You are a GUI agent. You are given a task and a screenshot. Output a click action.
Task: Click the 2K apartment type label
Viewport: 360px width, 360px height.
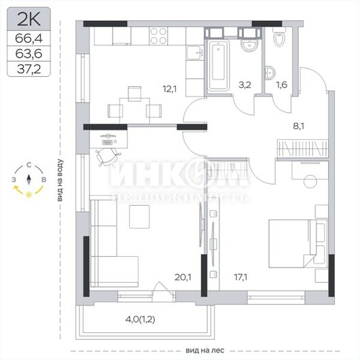29,20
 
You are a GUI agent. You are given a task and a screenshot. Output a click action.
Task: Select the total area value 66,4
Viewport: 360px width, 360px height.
29,38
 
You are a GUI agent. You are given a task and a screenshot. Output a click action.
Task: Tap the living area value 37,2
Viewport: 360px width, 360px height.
29,69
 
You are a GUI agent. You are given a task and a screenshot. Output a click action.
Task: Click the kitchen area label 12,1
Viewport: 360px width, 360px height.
170,88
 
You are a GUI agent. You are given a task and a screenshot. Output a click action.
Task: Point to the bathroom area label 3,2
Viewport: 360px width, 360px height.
245,85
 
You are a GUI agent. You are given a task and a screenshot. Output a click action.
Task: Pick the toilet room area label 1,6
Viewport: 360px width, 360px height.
281,85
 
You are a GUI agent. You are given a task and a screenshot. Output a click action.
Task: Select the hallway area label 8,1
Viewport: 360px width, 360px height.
298,126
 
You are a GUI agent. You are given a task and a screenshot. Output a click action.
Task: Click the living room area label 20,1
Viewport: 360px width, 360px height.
183,277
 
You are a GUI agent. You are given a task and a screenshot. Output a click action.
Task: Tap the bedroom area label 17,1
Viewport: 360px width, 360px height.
240,277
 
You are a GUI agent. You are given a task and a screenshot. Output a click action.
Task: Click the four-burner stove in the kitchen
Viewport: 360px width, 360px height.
158,36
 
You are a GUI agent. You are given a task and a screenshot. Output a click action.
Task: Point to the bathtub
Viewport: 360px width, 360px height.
218,65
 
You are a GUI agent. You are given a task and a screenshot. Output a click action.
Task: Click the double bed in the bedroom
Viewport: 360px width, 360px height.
298,244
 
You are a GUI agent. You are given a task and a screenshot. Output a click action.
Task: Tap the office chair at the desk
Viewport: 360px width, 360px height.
107,157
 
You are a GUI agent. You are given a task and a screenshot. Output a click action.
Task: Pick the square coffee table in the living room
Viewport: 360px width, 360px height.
139,217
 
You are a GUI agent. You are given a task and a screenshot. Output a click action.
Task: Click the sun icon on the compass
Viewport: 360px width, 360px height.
29,195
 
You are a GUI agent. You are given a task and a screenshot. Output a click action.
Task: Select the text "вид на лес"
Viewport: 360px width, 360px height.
205,350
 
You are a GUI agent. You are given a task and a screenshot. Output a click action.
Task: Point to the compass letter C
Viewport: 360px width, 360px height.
29,165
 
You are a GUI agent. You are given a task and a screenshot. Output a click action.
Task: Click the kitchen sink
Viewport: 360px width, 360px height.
195,53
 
